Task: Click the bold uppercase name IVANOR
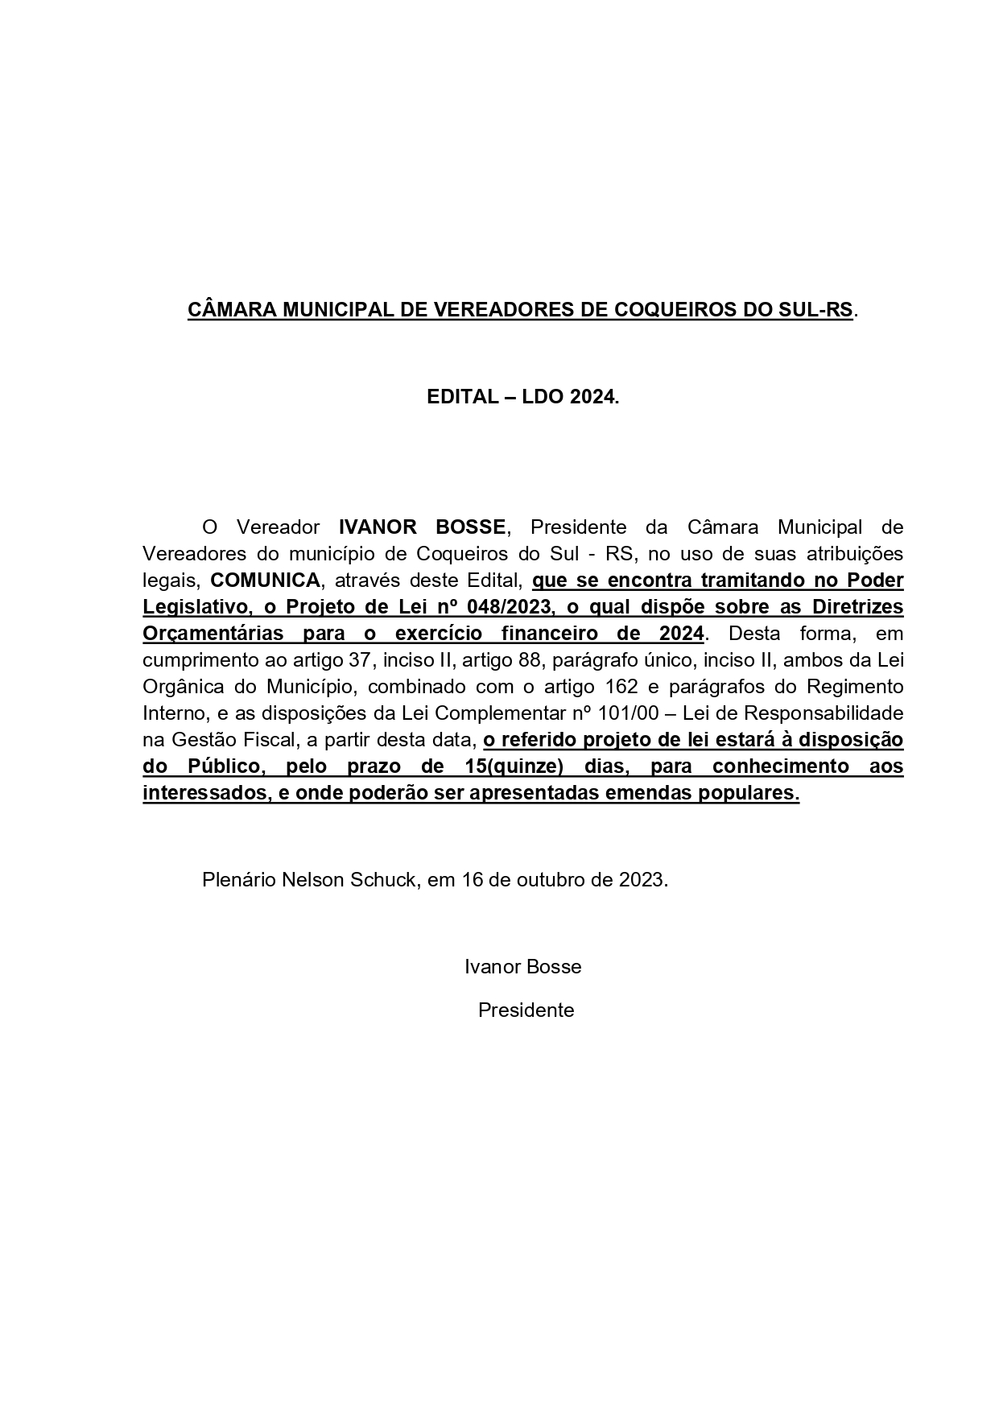coord(377,527)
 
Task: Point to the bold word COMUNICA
coord(265,580)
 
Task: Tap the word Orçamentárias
coord(213,634)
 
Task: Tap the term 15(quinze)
coord(514,766)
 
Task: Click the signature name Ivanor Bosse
coord(522,966)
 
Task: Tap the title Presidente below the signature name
coord(526,1010)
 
